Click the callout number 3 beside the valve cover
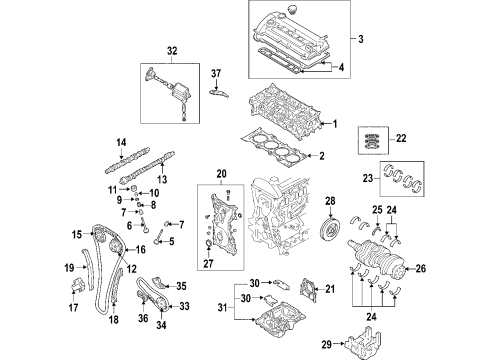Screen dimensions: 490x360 [x=361, y=39]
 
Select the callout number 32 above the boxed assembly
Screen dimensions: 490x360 [x=172, y=51]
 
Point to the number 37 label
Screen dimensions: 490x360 [x=216, y=73]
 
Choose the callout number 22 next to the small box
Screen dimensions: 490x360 [x=401, y=138]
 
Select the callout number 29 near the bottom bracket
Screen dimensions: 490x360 [x=327, y=344]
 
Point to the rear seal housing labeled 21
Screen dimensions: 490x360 [x=307, y=290]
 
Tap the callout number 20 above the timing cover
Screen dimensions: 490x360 [x=221, y=174]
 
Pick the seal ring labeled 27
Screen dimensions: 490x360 [x=209, y=245]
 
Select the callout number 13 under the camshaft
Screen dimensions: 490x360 [x=162, y=179]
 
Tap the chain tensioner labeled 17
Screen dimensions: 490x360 [x=77, y=285]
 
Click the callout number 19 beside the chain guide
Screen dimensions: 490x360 [x=69, y=267]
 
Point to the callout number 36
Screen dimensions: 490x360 [x=143, y=318]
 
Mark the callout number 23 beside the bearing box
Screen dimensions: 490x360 [x=368, y=178]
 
